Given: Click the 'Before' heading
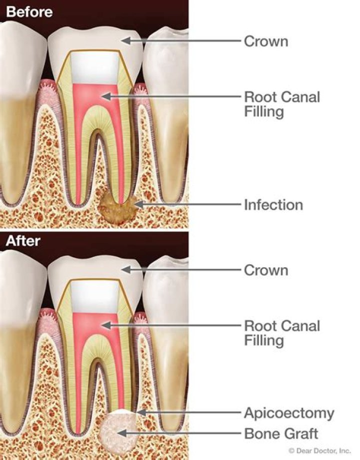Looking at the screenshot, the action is point(29,12).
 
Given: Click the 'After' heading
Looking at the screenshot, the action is point(23,241).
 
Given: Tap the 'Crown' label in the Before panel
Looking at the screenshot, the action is point(266,41).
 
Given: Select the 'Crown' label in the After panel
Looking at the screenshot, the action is point(266,270).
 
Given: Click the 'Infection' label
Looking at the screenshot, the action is point(273,205).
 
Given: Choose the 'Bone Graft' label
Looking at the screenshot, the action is point(281,434).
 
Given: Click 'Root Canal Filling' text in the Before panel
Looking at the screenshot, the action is point(282,104).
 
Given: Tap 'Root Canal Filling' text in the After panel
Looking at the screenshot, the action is point(282,333).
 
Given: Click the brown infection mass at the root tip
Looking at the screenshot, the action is point(117,208).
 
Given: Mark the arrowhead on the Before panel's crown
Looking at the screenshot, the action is point(125,40).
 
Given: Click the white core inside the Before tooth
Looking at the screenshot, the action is point(95,68).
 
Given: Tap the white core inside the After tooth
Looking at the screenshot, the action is point(95,297).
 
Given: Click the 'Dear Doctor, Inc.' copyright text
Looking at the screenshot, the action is point(319,451).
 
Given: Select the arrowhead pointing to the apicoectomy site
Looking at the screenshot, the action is point(141,413).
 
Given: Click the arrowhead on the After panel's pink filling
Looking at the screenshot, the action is point(106,325).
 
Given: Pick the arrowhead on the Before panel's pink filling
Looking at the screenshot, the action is point(106,96).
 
